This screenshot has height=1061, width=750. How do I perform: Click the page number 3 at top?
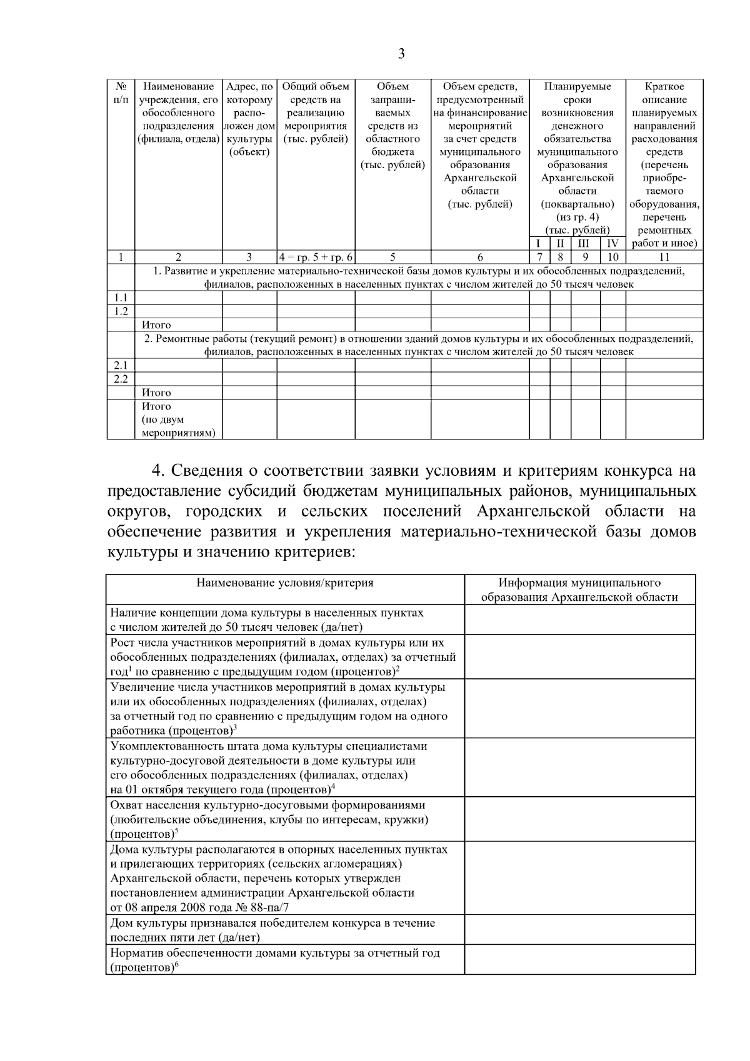[401, 54]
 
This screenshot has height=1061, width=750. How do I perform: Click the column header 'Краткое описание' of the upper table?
[664, 93]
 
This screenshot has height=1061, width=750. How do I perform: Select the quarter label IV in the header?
[612, 244]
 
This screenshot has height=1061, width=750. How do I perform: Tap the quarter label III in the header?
[585, 244]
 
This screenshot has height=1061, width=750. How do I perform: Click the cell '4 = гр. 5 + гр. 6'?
[316, 257]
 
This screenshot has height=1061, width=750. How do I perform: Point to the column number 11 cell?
[664, 257]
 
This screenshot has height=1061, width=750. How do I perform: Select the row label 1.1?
[121, 298]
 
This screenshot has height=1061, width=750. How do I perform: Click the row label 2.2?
[121, 379]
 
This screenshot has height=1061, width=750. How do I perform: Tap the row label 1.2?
[121, 311]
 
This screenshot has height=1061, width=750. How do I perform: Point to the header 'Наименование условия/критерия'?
[285, 583]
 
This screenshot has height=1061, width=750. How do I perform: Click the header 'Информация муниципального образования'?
[579, 590]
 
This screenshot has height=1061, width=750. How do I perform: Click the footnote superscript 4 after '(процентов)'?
[333, 787]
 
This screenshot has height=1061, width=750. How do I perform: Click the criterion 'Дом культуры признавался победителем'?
[272, 930]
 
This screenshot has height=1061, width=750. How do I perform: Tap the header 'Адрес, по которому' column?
[249, 93]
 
